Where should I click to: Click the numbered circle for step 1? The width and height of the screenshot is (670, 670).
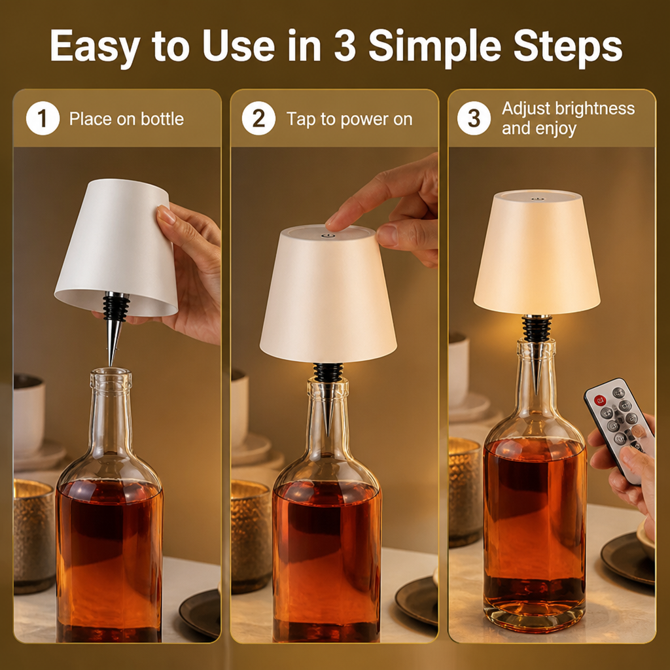tap(43, 118)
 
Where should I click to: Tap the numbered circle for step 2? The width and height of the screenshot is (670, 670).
tap(258, 118)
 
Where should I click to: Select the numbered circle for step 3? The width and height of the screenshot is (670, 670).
tap(474, 118)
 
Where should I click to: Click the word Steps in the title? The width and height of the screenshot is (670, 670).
tap(567, 46)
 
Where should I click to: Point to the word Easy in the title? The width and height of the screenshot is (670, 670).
tap(95, 47)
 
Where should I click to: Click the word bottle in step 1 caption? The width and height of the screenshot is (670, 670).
tap(162, 119)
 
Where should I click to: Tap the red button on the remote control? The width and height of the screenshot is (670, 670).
tap(601, 400)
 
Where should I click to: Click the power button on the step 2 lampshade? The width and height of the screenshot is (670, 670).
tap(328, 235)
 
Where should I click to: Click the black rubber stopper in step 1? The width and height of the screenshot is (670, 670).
tap(115, 307)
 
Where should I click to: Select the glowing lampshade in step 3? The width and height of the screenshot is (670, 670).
tap(537, 252)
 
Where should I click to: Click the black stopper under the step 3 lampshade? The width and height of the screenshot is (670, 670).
tap(537, 328)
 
